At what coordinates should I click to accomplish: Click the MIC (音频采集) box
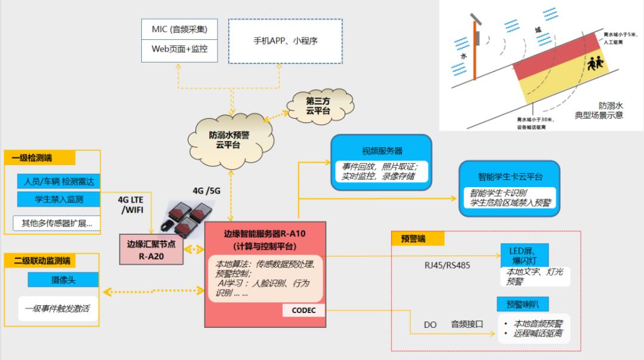pos(179,29)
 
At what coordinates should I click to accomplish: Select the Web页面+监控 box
pos(179,49)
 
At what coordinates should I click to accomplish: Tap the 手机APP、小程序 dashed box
pos(285,41)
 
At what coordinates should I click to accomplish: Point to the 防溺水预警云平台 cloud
pos(229,139)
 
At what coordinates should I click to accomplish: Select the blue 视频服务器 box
pos(382,162)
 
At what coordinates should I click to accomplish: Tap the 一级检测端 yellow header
pos(39,158)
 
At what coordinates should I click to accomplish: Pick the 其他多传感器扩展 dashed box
pos(57,224)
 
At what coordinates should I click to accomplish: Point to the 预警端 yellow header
pos(417,239)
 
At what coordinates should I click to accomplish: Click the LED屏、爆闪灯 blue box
pos(524,254)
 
